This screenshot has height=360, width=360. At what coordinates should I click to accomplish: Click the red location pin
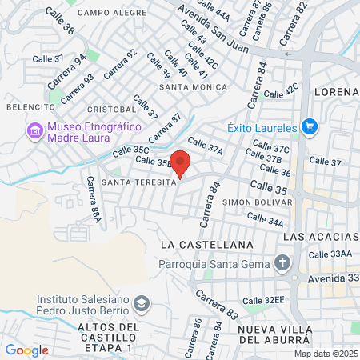(181, 162)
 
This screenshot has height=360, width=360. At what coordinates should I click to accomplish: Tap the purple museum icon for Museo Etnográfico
(34, 130)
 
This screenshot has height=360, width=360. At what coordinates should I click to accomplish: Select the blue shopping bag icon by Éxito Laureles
(310, 126)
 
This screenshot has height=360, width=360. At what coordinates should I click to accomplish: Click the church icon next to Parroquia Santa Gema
(282, 262)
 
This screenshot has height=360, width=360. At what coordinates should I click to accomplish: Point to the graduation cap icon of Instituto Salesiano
(142, 303)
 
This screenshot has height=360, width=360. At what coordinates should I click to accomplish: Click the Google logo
(26, 350)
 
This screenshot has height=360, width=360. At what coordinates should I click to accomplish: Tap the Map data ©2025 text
(326, 353)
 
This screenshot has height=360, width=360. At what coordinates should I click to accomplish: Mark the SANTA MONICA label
(191, 86)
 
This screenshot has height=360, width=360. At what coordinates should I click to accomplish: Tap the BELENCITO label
(30, 106)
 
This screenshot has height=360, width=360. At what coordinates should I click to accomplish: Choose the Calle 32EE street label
(263, 300)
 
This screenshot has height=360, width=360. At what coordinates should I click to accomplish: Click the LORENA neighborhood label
(337, 91)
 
